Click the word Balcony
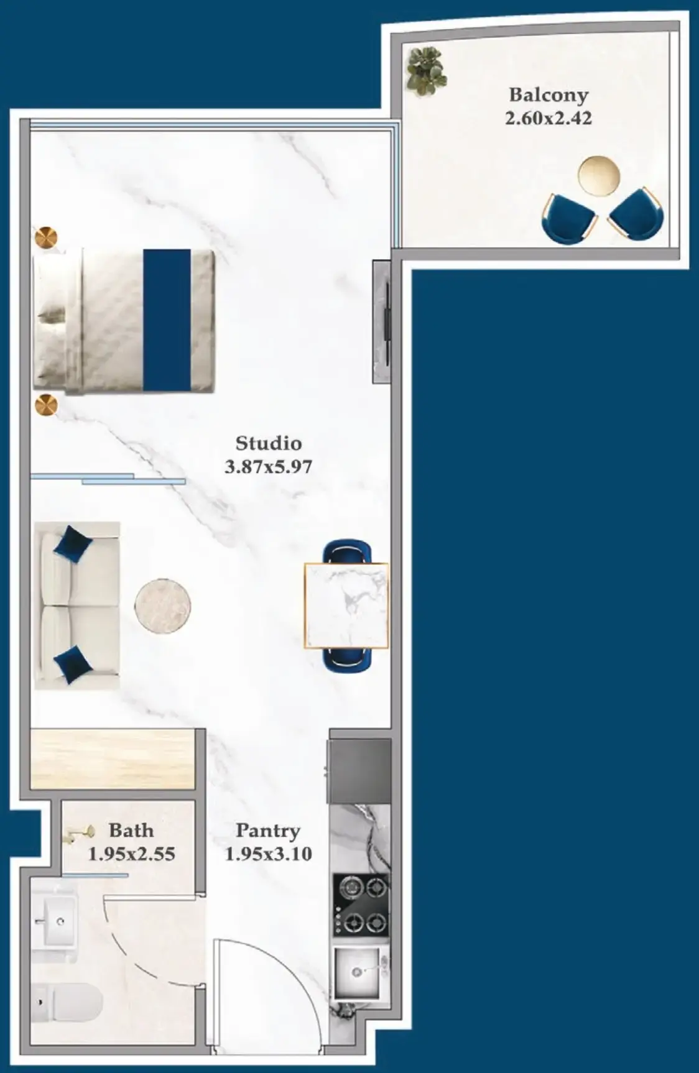tap(548, 95)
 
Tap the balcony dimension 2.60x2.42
tap(548, 118)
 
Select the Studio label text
tap(268, 443)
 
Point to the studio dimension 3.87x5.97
tap(268, 466)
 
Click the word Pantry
tap(268, 831)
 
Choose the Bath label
tap(131, 830)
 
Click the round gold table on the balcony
tap(599, 173)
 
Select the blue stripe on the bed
tap(167, 320)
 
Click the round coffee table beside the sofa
tap(163, 606)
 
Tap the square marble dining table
tap(346, 606)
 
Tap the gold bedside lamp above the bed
tap(46, 238)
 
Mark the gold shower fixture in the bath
tap(81, 834)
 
